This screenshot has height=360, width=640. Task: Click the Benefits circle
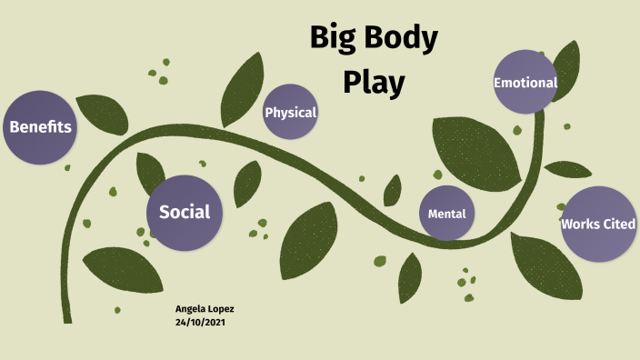tap(39, 127)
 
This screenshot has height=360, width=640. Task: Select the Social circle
tap(185, 213)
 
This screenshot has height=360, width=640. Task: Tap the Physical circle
tap(290, 113)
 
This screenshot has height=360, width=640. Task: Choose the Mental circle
tap(447, 214)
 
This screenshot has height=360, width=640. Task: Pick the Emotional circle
tap(525, 83)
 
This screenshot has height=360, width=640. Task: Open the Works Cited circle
tap(597, 224)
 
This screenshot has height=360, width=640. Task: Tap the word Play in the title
tap(373, 81)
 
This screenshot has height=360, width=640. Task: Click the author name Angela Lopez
tap(205, 309)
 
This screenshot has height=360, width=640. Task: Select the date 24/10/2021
tap(201, 322)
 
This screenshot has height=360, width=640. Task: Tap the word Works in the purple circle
tap(579, 224)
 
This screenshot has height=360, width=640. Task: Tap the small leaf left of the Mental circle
tap(393, 190)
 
